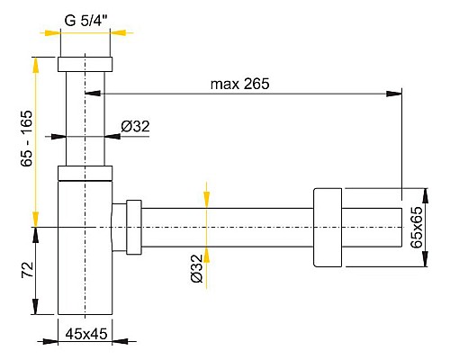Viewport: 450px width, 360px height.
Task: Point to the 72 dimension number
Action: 26,270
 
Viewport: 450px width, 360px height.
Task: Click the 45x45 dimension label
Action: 87,334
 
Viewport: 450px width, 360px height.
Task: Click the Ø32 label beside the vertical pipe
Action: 135,127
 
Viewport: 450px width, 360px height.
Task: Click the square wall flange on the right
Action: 328,228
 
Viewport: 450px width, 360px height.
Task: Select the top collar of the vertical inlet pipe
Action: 85,65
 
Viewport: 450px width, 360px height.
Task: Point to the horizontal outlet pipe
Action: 225,228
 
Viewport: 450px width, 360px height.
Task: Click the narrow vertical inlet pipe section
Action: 85,117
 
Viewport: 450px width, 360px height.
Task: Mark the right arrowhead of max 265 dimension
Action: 397,92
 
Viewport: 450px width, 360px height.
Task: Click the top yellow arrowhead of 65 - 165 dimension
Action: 36,61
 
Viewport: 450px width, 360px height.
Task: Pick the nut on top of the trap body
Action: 85,174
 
